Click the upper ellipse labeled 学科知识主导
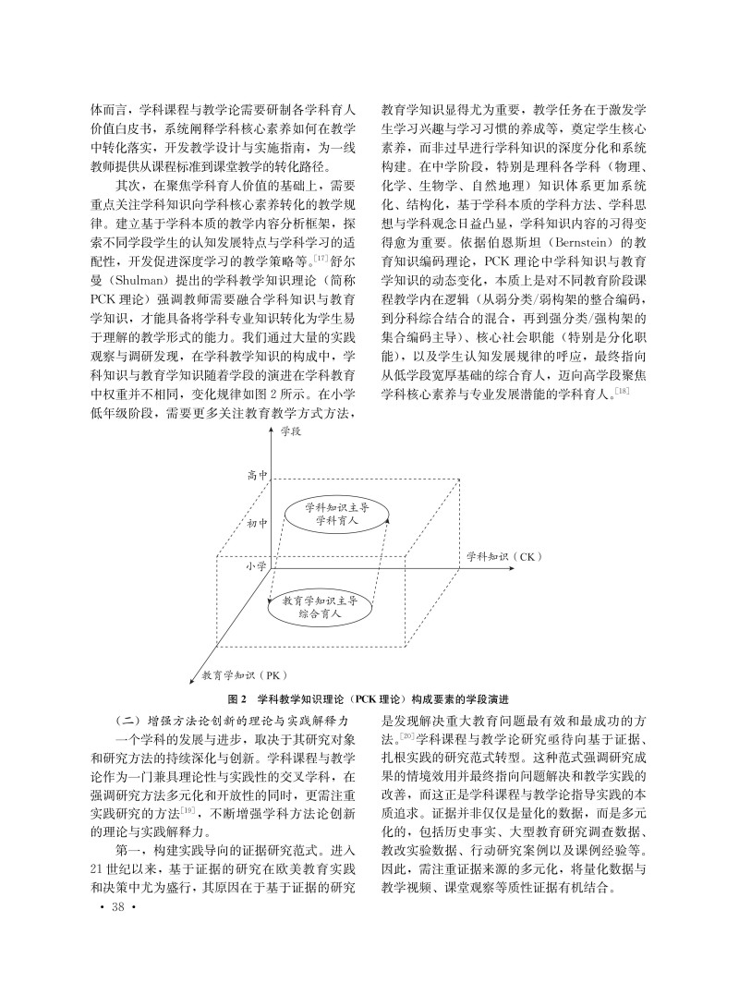click(329, 514)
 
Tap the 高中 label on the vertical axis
click(257, 476)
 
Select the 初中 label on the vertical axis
click(257, 524)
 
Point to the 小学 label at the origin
click(256, 566)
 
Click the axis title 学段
click(290, 431)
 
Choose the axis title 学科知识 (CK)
click(500, 557)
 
